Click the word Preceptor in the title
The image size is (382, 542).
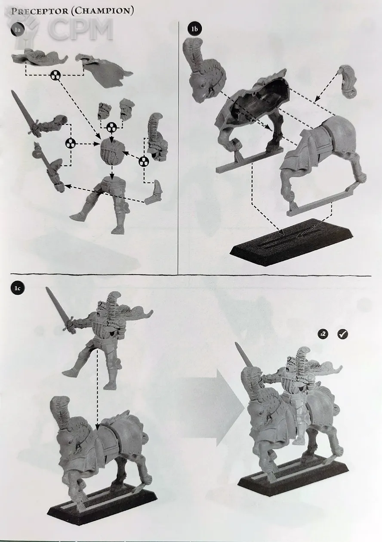40,12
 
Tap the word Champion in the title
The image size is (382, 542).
102,11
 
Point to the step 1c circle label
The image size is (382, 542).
17,289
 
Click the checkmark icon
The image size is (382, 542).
342,334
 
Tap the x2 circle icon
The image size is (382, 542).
323,334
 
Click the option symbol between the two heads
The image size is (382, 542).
111,127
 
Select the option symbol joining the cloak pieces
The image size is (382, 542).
56,75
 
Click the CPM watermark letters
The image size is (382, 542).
80,30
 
